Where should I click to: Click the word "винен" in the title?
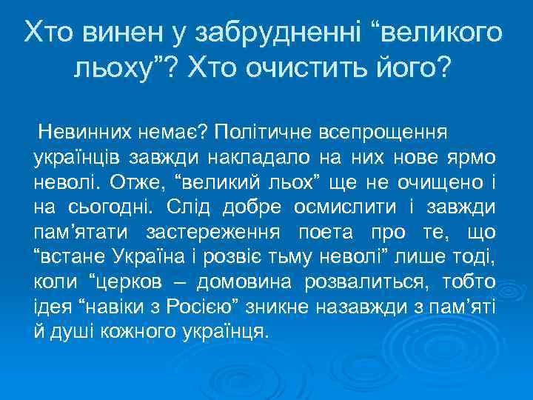(x=117, y=33)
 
